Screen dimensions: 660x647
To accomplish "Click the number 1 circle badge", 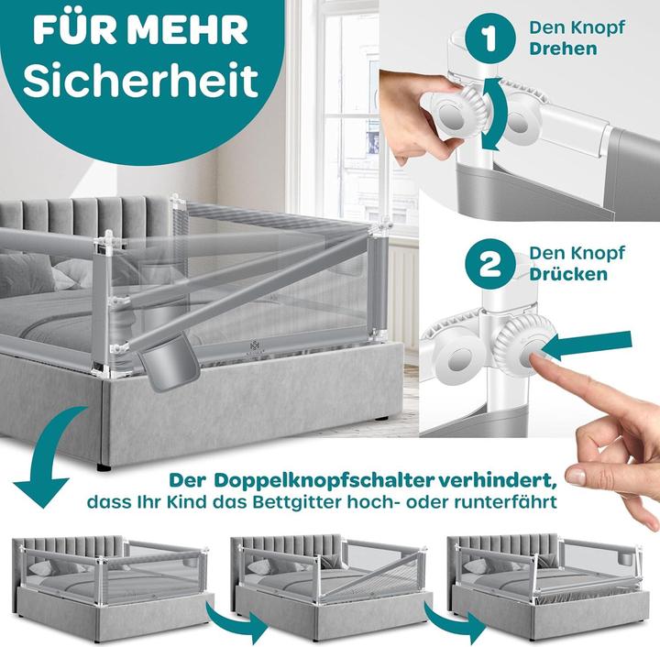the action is tap(489, 38).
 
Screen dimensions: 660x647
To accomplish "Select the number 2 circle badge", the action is tap(489, 264).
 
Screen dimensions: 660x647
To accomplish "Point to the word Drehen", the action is tap(563, 49).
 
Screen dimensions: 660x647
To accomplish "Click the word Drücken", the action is tap(568, 274).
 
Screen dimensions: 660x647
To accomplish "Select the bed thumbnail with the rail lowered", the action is tap(548, 586).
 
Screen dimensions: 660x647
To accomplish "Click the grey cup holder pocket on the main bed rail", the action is tap(169, 362).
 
